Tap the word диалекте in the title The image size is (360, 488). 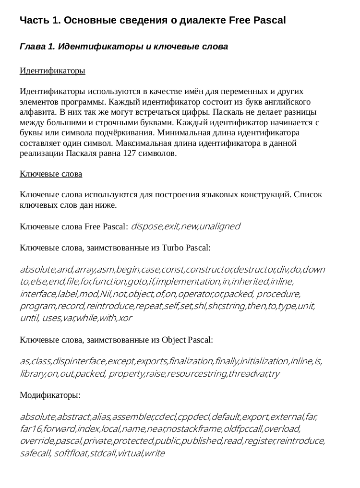(x=202, y=21)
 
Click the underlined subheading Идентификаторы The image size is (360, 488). (x=52, y=71)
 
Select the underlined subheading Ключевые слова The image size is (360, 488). (x=51, y=174)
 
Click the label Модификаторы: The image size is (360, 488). (x=50, y=396)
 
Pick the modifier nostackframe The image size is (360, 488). (x=198, y=428)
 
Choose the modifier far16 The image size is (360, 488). (x=30, y=428)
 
